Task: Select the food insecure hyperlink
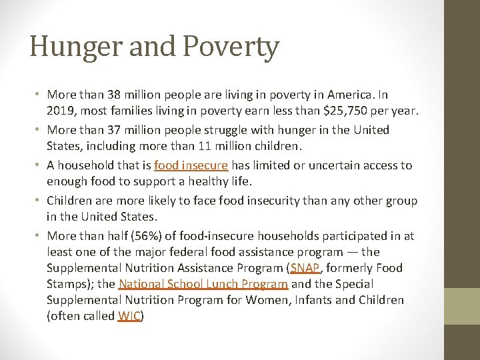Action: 191,165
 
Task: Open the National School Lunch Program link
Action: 203,284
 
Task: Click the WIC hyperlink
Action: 129,316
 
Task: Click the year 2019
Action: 61,110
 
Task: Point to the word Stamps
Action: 67,284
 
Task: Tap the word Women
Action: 267,300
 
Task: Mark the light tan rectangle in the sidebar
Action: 462,306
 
